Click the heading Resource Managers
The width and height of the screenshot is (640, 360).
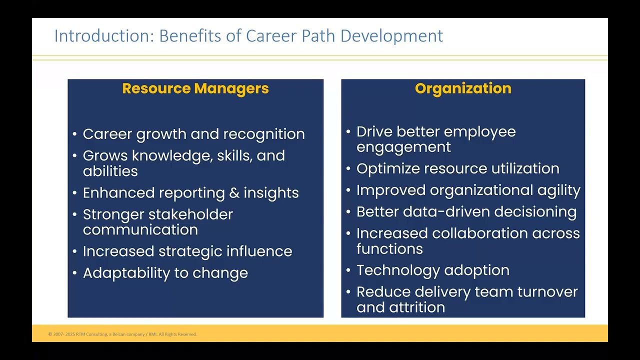pos(195,88)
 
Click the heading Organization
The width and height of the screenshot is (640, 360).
pos(463,88)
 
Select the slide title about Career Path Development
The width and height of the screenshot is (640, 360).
pos(248,36)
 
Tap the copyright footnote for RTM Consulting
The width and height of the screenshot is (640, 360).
pos(122,334)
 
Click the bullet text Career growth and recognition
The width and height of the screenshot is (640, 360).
pos(193,134)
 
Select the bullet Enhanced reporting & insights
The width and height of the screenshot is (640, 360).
pos(190,193)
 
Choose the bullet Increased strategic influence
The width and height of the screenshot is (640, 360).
pos(187,251)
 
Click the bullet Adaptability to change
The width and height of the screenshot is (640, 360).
pos(165,273)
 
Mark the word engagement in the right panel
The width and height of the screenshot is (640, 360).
pos(403,147)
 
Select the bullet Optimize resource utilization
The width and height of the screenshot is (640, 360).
pos(457,168)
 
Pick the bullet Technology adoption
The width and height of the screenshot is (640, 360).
pos(432,270)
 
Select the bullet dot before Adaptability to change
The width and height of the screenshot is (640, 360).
pos(74,273)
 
